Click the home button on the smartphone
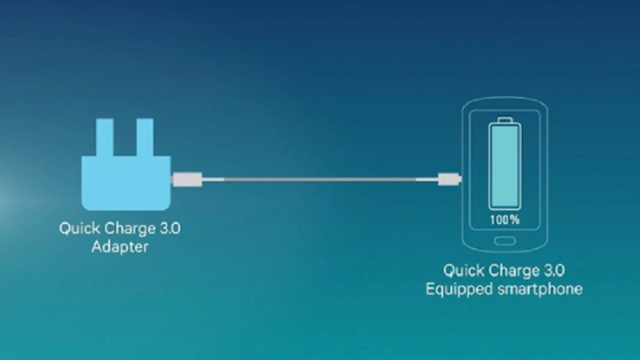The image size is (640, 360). point(504,240)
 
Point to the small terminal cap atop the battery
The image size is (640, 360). point(504,122)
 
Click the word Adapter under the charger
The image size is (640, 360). point(120,247)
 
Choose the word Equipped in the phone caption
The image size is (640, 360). point(458,288)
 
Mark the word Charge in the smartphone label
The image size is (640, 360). point(513,270)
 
